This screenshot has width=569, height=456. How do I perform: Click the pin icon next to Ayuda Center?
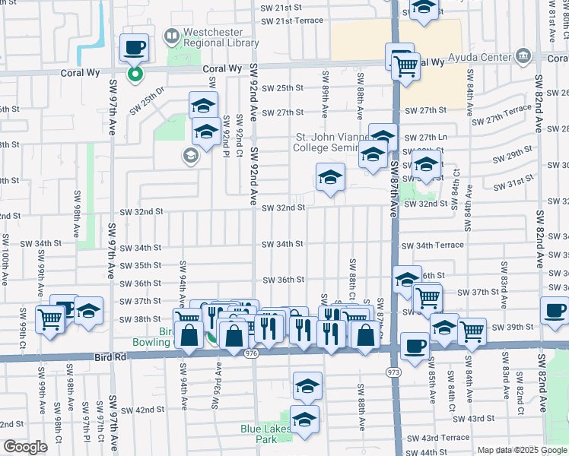tap(522, 55)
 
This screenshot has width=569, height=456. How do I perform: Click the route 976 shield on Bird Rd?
tap(252, 353)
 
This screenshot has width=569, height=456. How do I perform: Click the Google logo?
tap(25, 447)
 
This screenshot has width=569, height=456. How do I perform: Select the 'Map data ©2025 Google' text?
tap(521, 450)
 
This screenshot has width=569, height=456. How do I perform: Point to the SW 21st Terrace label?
tap(291, 21)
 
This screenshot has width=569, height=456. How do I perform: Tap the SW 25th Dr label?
tap(147, 100)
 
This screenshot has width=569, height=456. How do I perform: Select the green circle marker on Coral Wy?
tap(135, 74)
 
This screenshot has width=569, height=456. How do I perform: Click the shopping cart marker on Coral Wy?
tap(405, 66)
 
